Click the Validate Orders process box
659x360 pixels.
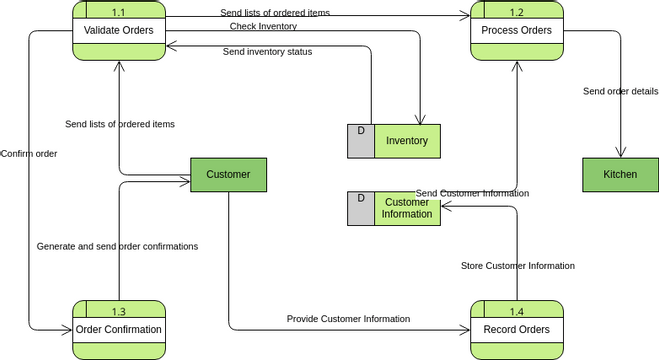coord(118,30)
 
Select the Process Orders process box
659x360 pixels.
coord(516,30)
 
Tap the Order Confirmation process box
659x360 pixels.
coord(118,329)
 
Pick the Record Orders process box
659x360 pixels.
coord(516,329)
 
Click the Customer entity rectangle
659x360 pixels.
coord(228,175)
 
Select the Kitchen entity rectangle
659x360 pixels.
coord(620,175)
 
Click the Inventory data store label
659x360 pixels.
coord(407,141)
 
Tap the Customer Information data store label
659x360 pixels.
coord(407,208)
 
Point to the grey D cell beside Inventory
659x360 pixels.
coord(360,141)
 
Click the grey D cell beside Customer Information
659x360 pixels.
coord(360,208)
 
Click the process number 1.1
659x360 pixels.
coord(118,12)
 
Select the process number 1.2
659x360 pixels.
coord(516,12)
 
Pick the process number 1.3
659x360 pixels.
coord(118,311)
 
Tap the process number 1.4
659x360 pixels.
coord(516,311)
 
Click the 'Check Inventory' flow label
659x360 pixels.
coord(263,26)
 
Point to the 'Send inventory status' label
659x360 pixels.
coord(267,52)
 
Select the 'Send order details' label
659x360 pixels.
coord(620,92)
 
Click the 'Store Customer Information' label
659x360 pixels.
coord(517,266)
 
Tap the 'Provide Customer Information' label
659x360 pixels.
coord(348,319)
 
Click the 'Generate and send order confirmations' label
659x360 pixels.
coord(117,246)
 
